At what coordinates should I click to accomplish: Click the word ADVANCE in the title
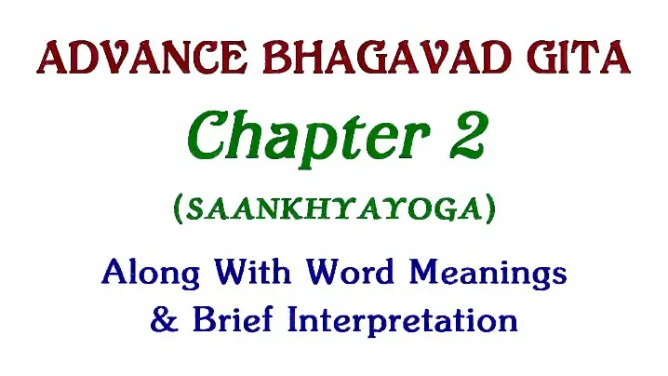(141, 58)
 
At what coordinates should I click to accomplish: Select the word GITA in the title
(579, 58)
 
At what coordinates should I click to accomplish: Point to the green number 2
(466, 134)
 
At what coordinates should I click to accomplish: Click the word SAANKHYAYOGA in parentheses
(335, 209)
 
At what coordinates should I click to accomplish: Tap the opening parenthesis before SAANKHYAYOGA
(178, 209)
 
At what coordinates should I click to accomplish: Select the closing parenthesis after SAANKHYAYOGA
(491, 209)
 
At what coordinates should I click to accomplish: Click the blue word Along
(151, 273)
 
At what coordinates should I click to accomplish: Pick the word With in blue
(252, 271)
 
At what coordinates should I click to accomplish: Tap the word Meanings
(488, 273)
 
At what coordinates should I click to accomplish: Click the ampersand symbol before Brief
(165, 319)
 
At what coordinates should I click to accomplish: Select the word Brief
(233, 319)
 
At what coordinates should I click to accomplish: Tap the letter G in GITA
(542, 58)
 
